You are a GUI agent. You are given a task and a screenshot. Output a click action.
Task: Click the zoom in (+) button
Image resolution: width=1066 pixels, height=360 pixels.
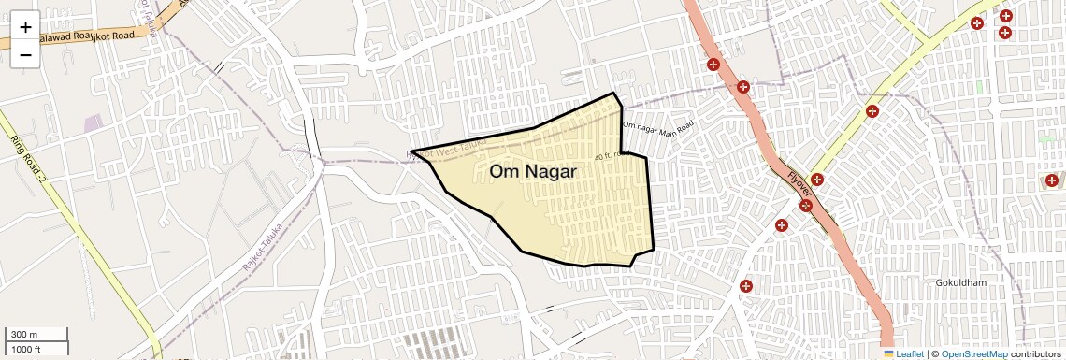25,27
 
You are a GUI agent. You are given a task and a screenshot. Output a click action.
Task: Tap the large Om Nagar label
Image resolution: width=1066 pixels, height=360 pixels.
533,171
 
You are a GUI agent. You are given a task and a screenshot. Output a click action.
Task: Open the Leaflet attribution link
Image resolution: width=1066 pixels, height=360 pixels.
910,353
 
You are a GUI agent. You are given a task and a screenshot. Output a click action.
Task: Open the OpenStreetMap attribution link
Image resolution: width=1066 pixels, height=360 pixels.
973,353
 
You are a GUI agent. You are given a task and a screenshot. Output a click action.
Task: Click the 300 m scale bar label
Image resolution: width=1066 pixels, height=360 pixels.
24,335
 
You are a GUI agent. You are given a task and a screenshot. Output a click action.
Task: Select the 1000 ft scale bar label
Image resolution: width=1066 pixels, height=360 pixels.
27,349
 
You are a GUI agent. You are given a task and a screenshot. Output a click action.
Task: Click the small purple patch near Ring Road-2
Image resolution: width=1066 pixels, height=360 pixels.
93,123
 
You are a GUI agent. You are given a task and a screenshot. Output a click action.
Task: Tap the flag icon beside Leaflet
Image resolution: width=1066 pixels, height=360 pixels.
888,353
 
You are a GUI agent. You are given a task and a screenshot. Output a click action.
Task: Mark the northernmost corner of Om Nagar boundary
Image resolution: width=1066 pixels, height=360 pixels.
614,94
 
